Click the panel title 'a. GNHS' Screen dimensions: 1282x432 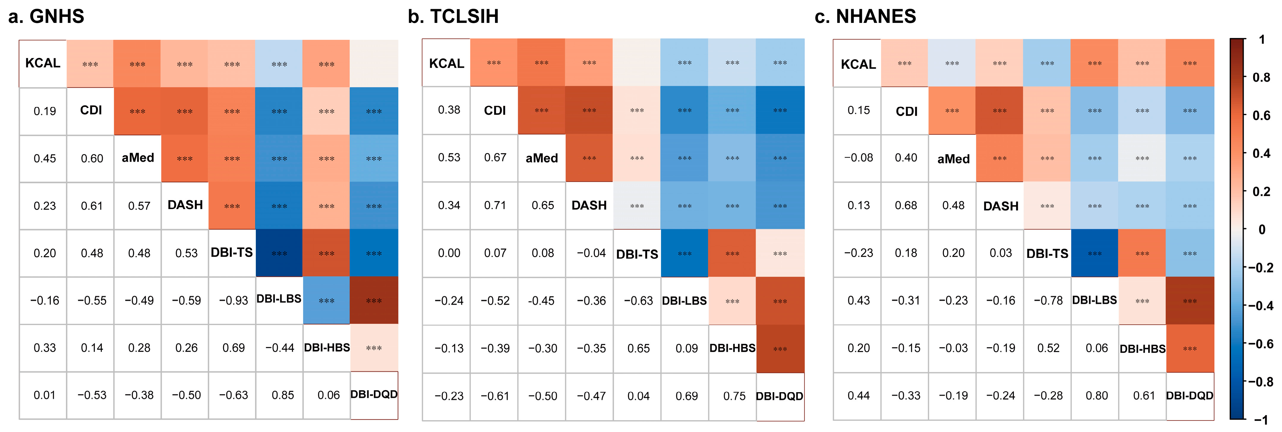tap(46, 16)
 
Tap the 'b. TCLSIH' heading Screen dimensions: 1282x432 tap(453, 16)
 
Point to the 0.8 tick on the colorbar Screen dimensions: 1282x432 tap(1261, 78)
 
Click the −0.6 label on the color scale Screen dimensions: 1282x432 tap(1261, 344)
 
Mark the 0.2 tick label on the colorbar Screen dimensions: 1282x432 tap(1261, 192)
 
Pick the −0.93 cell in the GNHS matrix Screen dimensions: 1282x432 tap(234, 301)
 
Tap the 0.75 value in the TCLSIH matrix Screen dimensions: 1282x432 tap(734, 396)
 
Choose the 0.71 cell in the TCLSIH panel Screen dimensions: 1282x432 tap(495, 205)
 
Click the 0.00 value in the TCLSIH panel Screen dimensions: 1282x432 tap(449, 253)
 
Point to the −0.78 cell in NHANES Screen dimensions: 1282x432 tap(1048, 301)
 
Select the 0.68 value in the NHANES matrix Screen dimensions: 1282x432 tap(906, 205)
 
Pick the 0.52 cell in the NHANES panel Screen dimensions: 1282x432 tap(1048, 348)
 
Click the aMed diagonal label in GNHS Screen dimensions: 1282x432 tap(138, 158)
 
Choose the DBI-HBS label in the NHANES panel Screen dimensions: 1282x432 tap(1142, 349)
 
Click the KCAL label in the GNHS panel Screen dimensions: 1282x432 tap(43, 63)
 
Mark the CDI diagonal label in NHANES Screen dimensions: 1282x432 tap(906, 111)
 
